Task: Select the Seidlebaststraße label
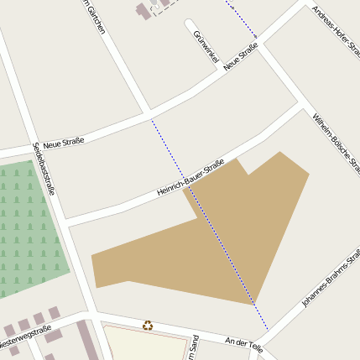point(43,168)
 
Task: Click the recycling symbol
point(148,325)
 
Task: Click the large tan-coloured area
point(243,227)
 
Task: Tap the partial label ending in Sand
point(195,346)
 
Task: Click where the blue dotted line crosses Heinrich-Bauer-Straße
point(190,190)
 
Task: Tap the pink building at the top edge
point(143,12)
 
